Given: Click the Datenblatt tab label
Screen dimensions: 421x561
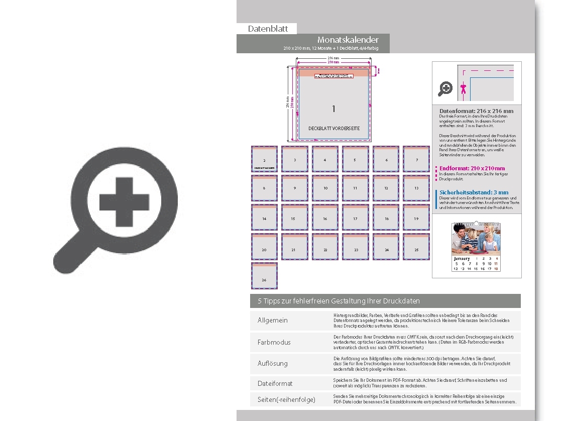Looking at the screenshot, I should click(x=268, y=29).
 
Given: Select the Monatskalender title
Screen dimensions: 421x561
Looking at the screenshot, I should click(x=348, y=40).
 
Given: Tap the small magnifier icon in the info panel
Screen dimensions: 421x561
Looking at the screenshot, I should click(x=445, y=89).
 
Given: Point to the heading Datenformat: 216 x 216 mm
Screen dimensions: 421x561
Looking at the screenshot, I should click(x=476, y=111).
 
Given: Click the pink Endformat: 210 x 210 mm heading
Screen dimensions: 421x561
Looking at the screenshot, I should click(x=472, y=168).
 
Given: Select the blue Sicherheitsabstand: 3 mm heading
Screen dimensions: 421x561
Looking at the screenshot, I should click(x=473, y=192).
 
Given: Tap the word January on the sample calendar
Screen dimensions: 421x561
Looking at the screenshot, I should click(x=462, y=259).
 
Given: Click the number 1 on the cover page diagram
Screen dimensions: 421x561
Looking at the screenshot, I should click(x=333, y=109).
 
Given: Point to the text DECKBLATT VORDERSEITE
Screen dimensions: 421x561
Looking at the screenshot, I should click(x=333, y=129).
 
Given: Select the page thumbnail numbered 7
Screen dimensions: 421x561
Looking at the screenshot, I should click(x=416, y=159).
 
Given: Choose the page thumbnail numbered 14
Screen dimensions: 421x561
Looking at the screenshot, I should click(x=264, y=218).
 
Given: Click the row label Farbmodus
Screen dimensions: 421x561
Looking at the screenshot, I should click(x=274, y=342).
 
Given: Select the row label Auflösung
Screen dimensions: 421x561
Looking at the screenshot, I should click(x=272, y=363).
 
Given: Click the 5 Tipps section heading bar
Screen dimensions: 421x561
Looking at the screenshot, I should click(x=385, y=301).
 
